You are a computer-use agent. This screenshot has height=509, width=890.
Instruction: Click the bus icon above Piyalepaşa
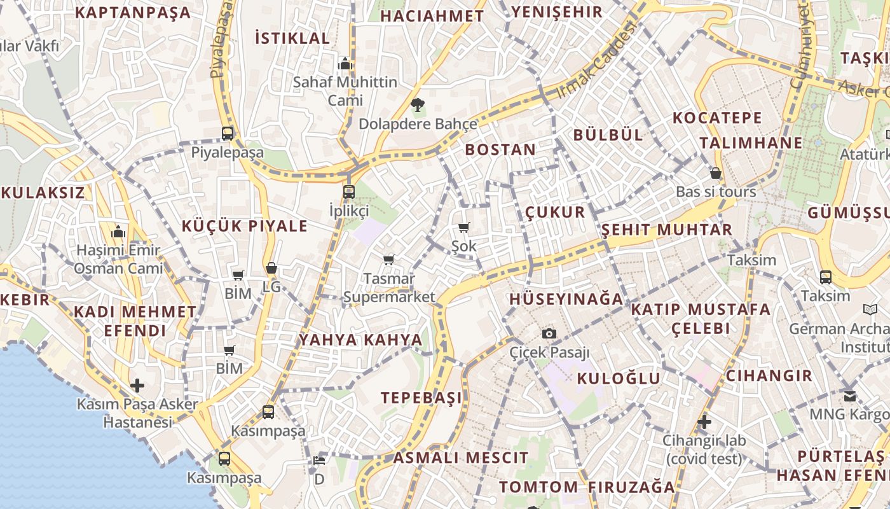[228, 134]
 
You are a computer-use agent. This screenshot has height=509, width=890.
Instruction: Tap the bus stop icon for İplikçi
[348, 192]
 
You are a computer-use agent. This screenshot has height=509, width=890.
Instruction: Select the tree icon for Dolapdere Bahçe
[417, 105]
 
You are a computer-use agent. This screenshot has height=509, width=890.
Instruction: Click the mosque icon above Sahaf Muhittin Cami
[345, 64]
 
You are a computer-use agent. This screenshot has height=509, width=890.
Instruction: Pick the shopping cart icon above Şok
[464, 227]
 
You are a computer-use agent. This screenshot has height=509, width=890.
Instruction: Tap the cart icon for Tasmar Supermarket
[389, 260]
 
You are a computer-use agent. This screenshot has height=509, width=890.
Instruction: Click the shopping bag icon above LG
[271, 268]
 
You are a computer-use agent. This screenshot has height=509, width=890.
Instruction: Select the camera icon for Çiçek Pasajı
[549, 333]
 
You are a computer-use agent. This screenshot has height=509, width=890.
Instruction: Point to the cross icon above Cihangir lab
[704, 421]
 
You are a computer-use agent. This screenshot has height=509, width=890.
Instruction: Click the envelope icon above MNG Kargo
[850, 396]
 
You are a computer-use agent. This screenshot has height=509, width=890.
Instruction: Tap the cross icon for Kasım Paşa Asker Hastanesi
[137, 386]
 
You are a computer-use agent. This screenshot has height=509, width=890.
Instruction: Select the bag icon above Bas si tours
[716, 173]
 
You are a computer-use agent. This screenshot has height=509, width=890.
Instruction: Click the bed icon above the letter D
[319, 461]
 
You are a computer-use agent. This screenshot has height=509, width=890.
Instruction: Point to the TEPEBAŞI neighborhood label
[421, 398]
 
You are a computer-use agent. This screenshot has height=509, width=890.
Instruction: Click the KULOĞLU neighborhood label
[619, 379]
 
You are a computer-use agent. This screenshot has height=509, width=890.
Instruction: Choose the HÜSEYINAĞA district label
[566, 299]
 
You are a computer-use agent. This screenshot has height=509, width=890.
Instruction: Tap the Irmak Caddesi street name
[596, 60]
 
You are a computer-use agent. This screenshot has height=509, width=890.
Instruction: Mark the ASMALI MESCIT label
[460, 457]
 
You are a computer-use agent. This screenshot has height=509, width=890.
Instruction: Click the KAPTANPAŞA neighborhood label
[133, 13]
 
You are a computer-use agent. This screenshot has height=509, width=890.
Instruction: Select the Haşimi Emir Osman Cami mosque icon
[119, 232]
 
